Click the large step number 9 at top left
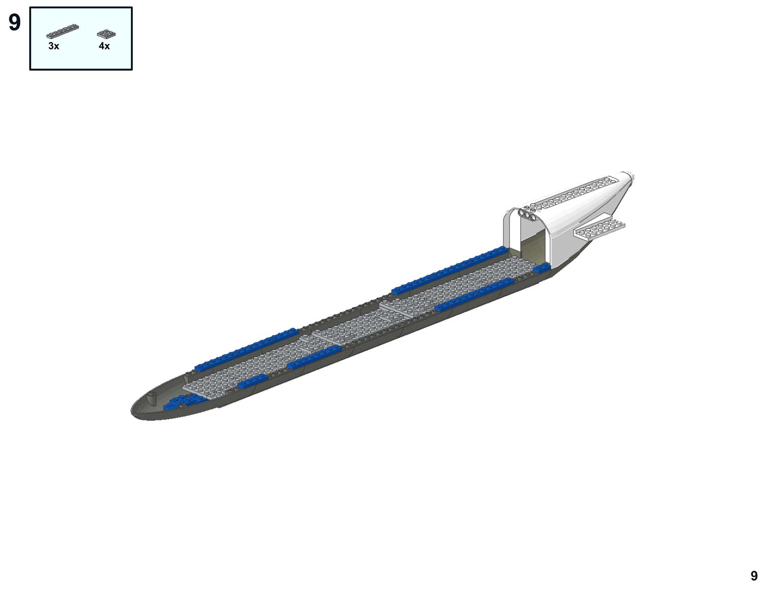click(15, 23)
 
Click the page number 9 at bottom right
click(754, 576)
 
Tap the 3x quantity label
click(54, 46)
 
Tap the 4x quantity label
click(104, 46)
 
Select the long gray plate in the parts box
click(63, 31)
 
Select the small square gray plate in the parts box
click(106, 34)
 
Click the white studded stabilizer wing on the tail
click(599, 228)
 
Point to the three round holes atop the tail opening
click(526, 213)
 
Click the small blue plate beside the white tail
click(542, 268)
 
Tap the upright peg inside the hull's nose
click(152, 399)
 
